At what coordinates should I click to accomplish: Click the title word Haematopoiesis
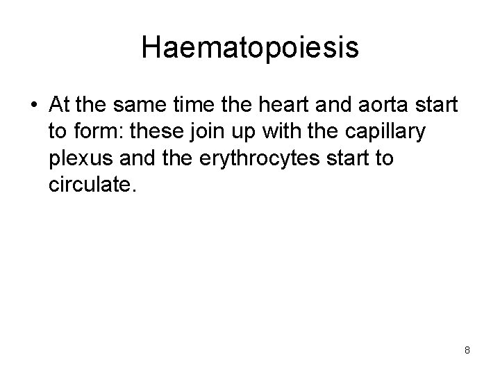coord(250,48)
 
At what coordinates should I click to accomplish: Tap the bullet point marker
coord(34,105)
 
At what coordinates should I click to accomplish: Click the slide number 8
coord(467,350)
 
